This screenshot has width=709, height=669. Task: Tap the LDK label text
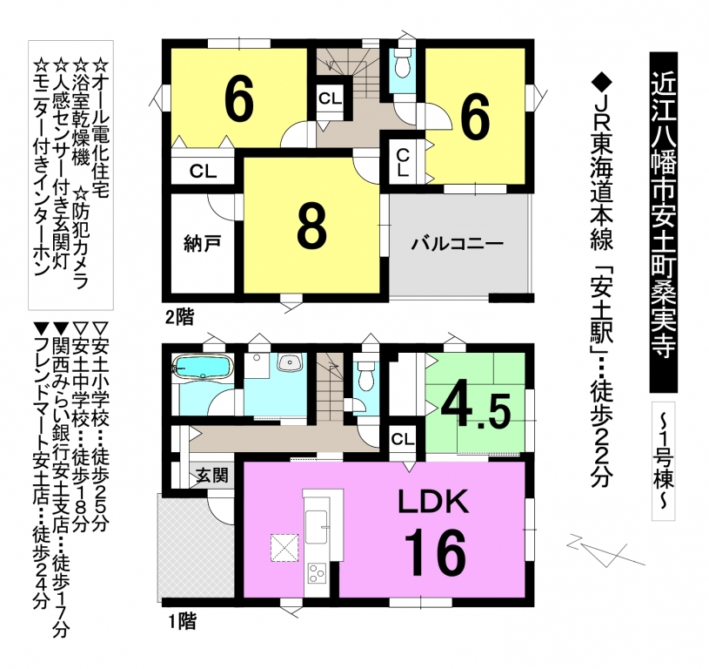pyautogui.click(x=433, y=502)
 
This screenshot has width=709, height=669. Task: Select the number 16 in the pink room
pyautogui.click(x=435, y=552)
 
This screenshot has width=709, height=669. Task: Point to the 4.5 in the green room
pyautogui.click(x=476, y=410)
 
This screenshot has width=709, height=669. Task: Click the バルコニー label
pyautogui.click(x=457, y=245)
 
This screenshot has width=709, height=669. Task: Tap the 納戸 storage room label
pyautogui.click(x=203, y=244)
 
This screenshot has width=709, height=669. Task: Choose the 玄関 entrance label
pyautogui.click(x=212, y=476)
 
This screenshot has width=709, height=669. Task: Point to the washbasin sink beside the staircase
pyautogui.click(x=289, y=362)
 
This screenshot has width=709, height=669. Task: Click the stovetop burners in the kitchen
pyautogui.click(x=317, y=572)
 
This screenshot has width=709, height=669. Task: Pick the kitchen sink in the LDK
pyautogui.click(x=317, y=526)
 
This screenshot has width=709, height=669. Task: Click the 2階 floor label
pyautogui.click(x=179, y=318)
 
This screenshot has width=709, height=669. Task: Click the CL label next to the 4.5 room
pyautogui.click(x=403, y=439)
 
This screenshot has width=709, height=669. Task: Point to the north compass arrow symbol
pyautogui.click(x=605, y=549)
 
